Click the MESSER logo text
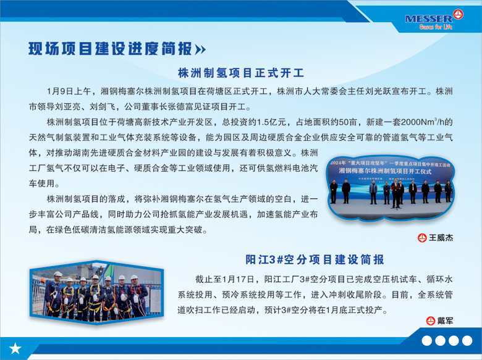[429, 19]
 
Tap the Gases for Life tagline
[436, 27]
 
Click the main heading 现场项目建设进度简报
[111, 49]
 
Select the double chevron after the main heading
[200, 49]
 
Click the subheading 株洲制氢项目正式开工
[241, 73]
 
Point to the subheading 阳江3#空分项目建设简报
[315, 259]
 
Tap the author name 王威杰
[441, 238]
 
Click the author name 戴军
[445, 321]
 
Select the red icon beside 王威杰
[422, 238]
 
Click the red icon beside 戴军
[430, 321]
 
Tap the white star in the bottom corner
[15, 348]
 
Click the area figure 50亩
[348, 122]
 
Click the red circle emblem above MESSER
[458, 14]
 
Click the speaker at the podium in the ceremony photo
[396, 194]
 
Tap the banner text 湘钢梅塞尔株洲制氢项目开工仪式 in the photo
[385, 172]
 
